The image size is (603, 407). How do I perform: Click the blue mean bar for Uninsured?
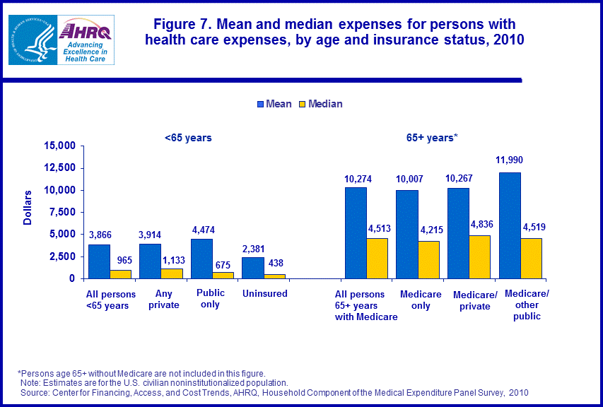(x=253, y=268)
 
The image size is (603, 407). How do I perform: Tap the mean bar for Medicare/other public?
(x=510, y=225)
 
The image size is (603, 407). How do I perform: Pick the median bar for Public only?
(x=223, y=275)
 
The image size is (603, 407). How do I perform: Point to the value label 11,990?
(x=510, y=160)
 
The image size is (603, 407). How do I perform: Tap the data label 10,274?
(x=357, y=179)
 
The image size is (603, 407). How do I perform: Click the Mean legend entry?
(x=274, y=104)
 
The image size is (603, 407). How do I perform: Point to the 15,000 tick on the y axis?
(x=60, y=146)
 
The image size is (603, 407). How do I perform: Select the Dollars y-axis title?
(x=28, y=207)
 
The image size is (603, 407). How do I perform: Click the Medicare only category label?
(x=421, y=300)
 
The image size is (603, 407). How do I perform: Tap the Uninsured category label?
(x=264, y=293)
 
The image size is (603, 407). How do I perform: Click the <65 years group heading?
(x=188, y=138)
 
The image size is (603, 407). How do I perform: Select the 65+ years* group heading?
(x=433, y=138)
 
